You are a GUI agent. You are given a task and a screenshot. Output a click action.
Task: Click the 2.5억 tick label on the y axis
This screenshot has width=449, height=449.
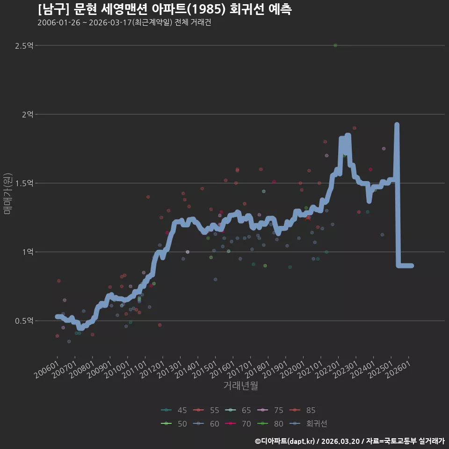(x=24, y=45)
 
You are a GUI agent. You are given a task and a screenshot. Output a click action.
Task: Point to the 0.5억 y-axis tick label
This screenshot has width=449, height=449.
(x=24, y=321)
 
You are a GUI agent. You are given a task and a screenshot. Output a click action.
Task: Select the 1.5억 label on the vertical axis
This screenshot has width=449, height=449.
(x=24, y=183)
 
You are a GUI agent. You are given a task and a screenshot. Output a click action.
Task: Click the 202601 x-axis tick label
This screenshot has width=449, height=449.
(x=398, y=369)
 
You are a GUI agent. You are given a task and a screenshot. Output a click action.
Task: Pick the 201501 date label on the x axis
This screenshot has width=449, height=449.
(x=205, y=369)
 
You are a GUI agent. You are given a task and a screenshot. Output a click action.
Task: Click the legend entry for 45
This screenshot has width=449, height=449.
(x=174, y=410)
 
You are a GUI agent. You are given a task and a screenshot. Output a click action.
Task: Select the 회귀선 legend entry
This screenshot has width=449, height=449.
(x=308, y=424)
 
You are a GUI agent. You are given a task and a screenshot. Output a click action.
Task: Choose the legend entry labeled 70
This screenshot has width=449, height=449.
(x=238, y=424)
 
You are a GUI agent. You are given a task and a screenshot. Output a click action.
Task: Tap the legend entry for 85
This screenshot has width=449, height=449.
(x=302, y=410)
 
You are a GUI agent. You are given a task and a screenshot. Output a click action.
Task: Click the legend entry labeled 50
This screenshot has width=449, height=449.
(x=174, y=424)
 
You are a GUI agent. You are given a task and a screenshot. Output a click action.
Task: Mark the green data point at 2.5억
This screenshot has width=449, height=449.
(x=335, y=45)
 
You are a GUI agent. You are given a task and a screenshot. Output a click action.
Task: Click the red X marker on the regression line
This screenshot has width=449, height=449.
(x=308, y=218)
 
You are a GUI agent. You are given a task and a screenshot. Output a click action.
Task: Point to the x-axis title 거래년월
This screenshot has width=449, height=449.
(x=240, y=385)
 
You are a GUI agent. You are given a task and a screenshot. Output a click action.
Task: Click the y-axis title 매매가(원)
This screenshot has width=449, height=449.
(x=7, y=194)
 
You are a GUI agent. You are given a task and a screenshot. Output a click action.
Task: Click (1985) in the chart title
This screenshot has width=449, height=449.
(x=208, y=9)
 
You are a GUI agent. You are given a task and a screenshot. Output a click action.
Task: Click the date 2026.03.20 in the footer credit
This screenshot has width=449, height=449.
(x=340, y=441)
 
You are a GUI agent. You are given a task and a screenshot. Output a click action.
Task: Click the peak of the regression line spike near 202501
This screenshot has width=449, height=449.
(x=397, y=124)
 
